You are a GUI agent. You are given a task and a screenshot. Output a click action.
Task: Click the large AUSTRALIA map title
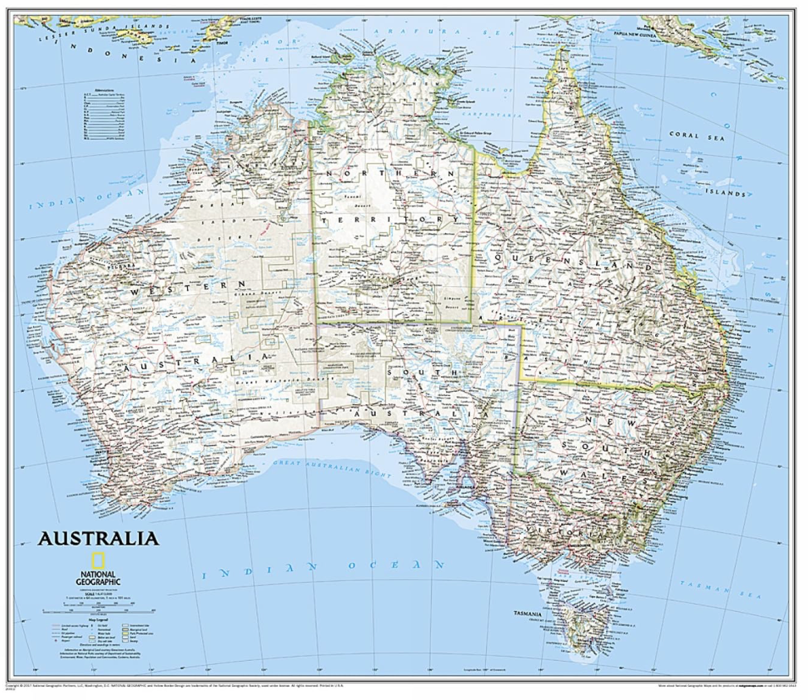pos(98,537)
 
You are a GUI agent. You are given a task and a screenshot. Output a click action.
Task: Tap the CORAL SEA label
pos(697,136)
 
